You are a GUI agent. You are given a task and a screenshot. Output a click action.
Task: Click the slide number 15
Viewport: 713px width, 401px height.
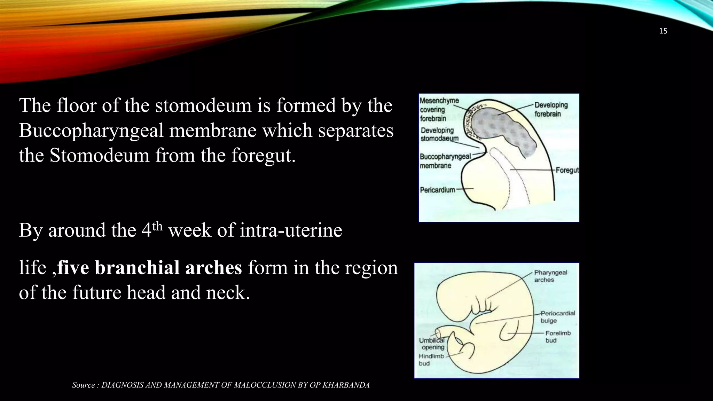(x=663, y=31)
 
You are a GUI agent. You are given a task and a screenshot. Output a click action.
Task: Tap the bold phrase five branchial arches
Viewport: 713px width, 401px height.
(x=149, y=268)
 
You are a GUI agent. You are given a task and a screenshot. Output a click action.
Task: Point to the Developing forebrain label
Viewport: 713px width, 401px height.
(x=551, y=109)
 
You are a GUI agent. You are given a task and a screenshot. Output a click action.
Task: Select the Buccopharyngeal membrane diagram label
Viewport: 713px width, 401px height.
(x=445, y=161)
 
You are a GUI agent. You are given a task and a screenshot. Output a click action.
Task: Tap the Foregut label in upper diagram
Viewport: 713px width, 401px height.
(x=567, y=170)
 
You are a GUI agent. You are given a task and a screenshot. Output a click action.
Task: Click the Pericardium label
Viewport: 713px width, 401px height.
(x=437, y=190)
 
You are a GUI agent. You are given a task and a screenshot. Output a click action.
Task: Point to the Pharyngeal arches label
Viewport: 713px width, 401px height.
(x=550, y=276)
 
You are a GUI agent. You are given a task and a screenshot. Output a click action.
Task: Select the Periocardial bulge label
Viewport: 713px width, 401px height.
(x=557, y=317)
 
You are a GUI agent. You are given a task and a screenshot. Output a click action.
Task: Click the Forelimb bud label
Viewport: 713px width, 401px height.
(x=558, y=337)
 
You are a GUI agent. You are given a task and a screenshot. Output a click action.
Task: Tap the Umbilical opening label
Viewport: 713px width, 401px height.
(x=432, y=344)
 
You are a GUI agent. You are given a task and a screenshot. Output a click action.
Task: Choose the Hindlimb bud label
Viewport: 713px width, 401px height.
(x=431, y=360)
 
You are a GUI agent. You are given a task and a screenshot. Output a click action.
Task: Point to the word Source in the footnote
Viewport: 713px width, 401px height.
(x=83, y=385)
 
